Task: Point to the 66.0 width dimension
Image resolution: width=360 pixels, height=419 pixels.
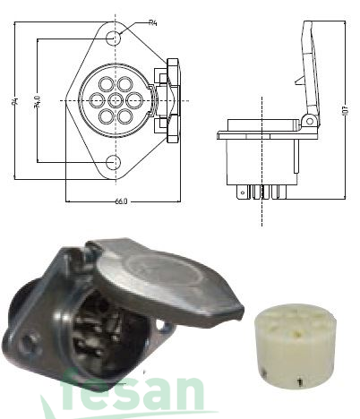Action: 121,201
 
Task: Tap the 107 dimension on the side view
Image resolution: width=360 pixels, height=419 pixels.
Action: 345,114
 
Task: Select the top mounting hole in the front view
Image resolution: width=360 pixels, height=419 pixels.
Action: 114,39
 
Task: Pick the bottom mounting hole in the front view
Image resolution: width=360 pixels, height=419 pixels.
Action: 114,162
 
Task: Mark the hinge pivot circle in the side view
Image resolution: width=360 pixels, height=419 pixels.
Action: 309,120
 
